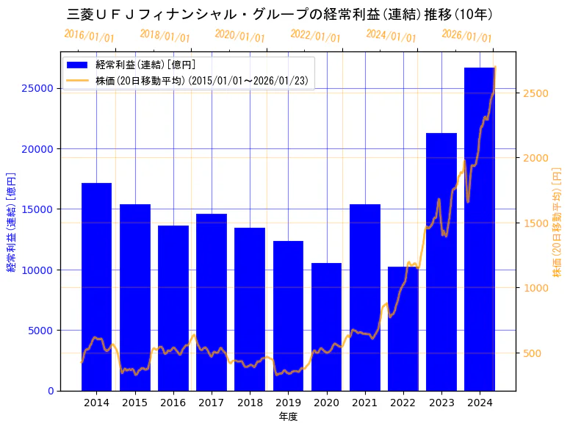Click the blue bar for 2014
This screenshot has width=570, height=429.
[x=96, y=286]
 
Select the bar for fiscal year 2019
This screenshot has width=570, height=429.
[x=288, y=316]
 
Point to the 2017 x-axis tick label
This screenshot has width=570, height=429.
[x=212, y=403]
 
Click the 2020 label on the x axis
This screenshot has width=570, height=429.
[x=326, y=403]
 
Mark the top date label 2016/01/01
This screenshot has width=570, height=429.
[x=89, y=36]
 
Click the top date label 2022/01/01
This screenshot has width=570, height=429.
[x=315, y=36]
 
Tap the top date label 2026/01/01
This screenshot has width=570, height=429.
[x=466, y=36]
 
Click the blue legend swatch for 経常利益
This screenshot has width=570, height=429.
[x=78, y=65]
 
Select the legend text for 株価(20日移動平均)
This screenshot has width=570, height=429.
[x=201, y=80]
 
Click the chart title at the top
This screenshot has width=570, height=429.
[x=279, y=14]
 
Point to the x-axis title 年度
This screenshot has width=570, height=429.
[x=288, y=417]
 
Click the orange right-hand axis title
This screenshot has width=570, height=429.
[x=557, y=220]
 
